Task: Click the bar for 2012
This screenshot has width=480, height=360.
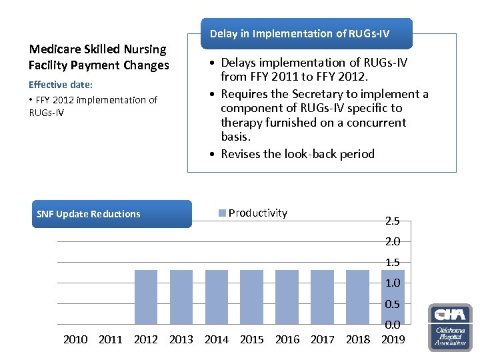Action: pos(146,297)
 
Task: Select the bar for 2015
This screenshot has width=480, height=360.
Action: pos(252,297)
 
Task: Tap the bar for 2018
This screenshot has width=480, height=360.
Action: pos(358,297)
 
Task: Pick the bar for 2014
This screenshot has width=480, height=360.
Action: pos(217,297)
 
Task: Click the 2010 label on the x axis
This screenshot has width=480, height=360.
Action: pos(75,339)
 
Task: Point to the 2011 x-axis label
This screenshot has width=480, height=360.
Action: pos(111,339)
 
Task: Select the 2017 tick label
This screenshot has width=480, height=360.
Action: pos(323,339)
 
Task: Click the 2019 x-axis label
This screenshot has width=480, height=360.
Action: pos(393,339)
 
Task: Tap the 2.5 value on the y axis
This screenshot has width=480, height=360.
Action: pos(393,221)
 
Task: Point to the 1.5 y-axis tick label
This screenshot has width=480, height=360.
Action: pos(393,262)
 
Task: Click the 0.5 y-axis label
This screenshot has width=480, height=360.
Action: pos(393,304)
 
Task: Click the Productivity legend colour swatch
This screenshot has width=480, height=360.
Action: pos(222,213)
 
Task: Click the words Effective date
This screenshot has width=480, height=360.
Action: pos(61,85)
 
